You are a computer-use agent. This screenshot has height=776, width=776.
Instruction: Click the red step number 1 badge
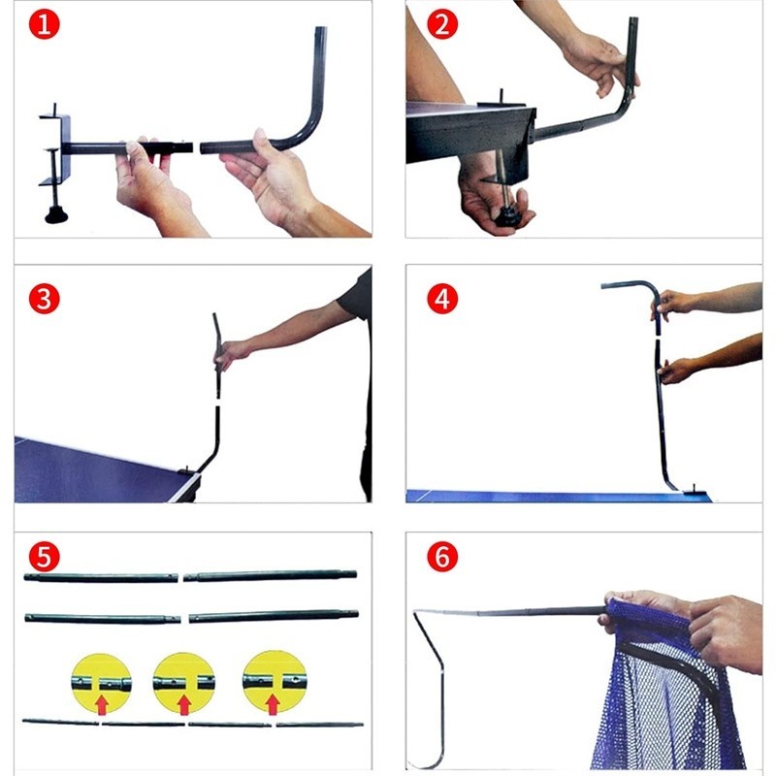pyautogui.click(x=44, y=24)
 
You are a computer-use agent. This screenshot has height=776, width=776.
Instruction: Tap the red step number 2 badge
pyautogui.click(x=442, y=24)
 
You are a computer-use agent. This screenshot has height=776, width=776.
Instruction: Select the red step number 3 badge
pyautogui.click(x=44, y=299)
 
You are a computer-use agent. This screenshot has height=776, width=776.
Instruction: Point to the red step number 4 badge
pyautogui.click(x=442, y=299)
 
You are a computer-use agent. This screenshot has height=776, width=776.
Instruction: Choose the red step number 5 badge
pyautogui.click(x=44, y=557)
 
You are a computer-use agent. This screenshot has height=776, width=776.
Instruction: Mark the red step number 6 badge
pyautogui.click(x=442, y=557)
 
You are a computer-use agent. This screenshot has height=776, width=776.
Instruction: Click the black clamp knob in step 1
pyautogui.click(x=56, y=215)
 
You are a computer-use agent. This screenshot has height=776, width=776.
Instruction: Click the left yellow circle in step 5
pyautogui.click(x=102, y=684)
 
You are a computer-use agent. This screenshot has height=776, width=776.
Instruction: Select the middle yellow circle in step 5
pyautogui.click(x=184, y=684)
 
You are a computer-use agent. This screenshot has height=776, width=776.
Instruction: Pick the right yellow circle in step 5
pyautogui.click(x=275, y=683)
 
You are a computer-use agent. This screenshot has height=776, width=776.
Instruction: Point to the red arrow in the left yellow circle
pyautogui.click(x=102, y=705)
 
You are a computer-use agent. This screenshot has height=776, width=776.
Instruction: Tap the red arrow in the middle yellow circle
pyautogui.click(x=184, y=705)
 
